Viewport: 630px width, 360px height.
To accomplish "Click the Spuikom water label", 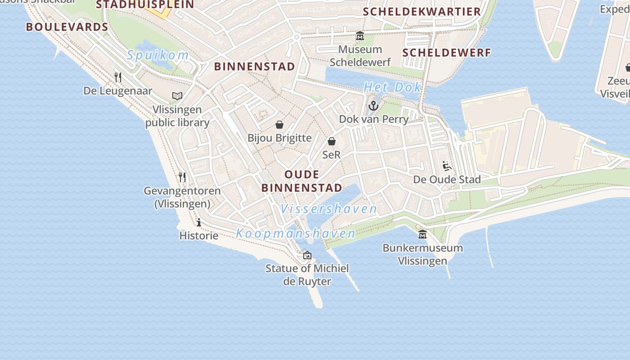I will point(157,55).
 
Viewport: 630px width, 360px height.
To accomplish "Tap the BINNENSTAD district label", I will point(255,67).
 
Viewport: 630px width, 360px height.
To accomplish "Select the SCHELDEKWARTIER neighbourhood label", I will point(422,12).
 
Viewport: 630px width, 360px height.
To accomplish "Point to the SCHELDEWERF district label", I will point(446,53).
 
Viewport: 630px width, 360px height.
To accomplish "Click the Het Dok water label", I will point(392,87).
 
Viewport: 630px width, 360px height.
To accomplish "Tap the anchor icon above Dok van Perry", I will point(373,106).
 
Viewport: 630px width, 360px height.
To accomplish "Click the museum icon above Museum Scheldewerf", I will point(360,36).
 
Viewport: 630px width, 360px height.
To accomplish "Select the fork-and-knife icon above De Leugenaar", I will point(118,77).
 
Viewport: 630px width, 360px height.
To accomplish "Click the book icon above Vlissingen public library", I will point(177,96).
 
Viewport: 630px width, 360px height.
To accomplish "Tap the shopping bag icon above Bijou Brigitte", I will point(279,125).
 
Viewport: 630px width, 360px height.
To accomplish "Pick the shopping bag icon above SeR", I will point(332,141).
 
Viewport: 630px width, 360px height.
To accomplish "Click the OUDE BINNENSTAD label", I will point(301,181).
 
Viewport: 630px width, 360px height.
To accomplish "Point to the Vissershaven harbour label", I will point(328,209).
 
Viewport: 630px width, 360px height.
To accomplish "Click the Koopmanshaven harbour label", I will point(296,234).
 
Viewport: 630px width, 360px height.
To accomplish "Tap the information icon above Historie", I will point(199,222).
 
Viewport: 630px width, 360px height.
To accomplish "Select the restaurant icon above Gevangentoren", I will point(182,177).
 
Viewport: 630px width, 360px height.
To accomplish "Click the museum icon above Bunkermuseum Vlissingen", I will point(423,234).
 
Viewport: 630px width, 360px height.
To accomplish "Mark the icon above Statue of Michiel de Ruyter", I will point(307,255).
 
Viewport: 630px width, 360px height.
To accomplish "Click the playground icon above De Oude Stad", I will point(447,166).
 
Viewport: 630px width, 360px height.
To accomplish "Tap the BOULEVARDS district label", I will point(67,27).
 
